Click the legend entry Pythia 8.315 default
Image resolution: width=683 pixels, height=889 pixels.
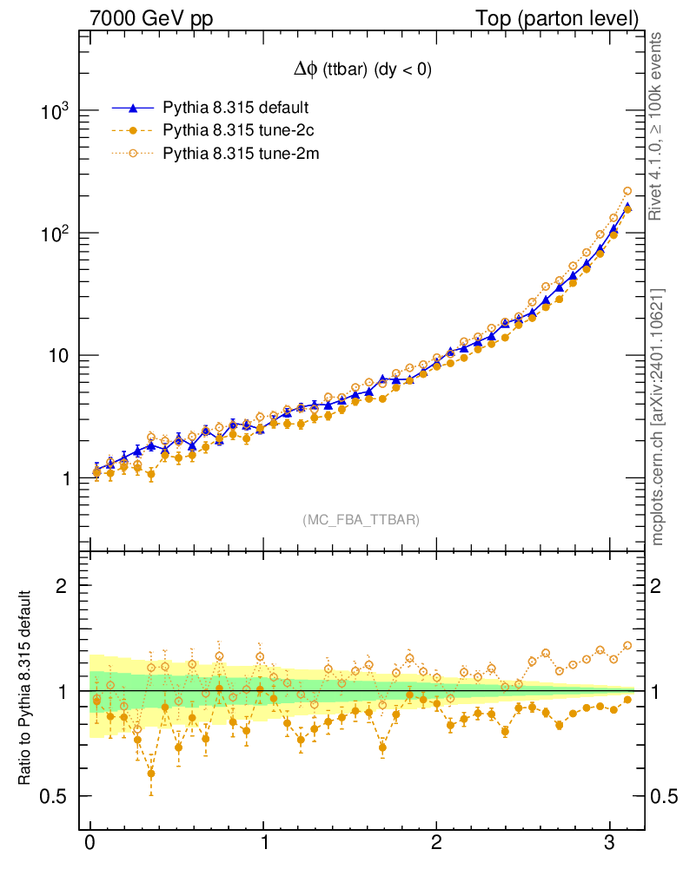236,109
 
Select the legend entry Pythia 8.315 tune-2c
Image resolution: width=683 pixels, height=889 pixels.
236,131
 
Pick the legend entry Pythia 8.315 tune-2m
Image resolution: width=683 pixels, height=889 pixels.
237,154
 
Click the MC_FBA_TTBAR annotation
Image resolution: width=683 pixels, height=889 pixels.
361,520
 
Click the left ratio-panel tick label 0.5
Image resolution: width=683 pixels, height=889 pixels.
57,797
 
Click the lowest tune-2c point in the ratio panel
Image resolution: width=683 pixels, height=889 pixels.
151,773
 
